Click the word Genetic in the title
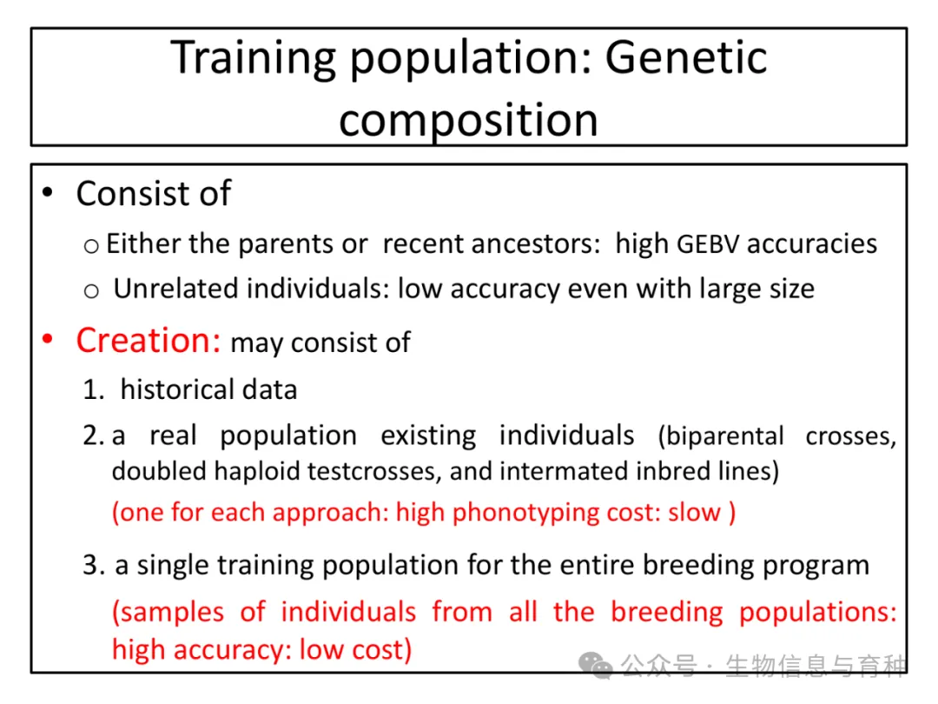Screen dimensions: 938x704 (x=685, y=57)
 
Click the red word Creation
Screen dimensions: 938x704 (x=149, y=341)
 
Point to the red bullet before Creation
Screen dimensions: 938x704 (x=48, y=340)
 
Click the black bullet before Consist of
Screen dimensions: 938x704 (x=48, y=193)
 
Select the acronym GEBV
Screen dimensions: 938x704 (x=708, y=244)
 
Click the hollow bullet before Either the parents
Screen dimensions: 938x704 (x=91, y=246)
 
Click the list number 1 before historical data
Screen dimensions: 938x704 (x=93, y=389)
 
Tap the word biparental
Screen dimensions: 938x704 (x=721, y=436)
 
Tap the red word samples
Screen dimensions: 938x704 (x=168, y=613)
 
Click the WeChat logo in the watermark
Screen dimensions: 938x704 (x=595, y=665)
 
